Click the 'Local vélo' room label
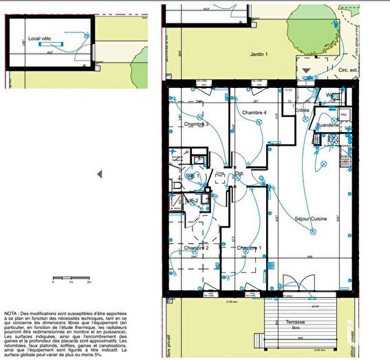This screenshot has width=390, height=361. (x=39, y=39)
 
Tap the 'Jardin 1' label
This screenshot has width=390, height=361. (x=258, y=54)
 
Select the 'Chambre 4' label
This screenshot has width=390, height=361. (x=254, y=112)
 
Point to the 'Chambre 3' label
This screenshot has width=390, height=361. (x=197, y=124)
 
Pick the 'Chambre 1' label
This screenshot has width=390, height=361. (x=249, y=248)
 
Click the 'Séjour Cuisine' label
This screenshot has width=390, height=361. (x=310, y=219)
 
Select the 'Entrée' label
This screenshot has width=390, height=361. (x=302, y=110)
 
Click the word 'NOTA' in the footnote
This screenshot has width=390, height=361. (x=12, y=312)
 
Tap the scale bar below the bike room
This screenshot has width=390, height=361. (x=72, y=281)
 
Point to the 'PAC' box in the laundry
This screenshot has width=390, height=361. (x=343, y=114)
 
